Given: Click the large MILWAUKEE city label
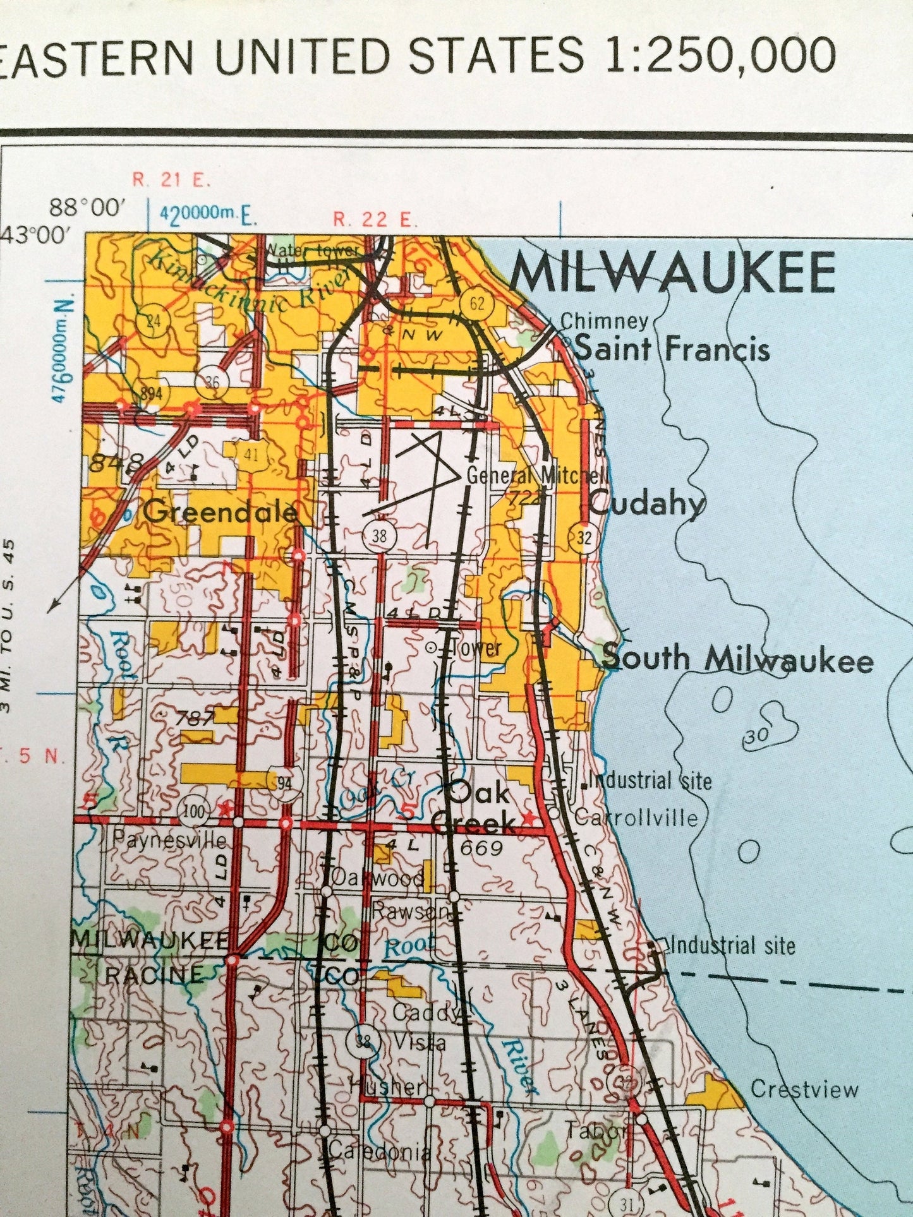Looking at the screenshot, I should tap(673, 273).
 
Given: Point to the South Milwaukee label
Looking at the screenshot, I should tap(737, 659).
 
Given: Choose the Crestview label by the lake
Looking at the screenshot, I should tap(804, 1089).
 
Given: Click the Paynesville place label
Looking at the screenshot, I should tap(169, 840).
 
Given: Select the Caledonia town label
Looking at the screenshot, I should tap(379, 1151).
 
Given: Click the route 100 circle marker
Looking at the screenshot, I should tap(193, 810).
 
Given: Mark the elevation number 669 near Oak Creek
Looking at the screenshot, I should tap(481, 848).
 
